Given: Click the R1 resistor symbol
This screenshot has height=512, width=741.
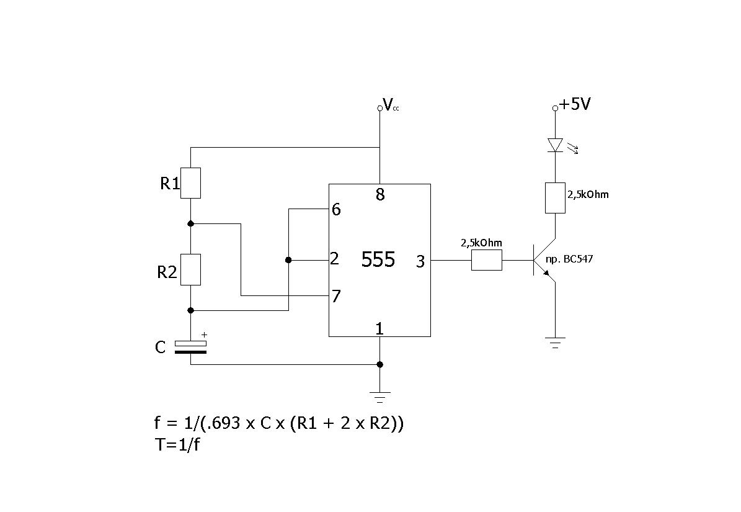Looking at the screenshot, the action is (x=191, y=183).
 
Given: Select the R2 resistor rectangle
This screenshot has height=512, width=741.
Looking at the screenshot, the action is (x=191, y=269).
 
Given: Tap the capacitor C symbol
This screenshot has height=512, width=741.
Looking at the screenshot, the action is (x=191, y=347).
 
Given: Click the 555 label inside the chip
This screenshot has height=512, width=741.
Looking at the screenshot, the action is (x=378, y=259).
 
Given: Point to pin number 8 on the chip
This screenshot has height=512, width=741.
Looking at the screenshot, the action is (x=381, y=194).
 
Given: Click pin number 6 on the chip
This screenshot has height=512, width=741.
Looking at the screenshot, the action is (x=336, y=209).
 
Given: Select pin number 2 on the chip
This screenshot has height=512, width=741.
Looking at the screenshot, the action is (x=335, y=259).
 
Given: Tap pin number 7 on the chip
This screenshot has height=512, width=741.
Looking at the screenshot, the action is (x=336, y=297).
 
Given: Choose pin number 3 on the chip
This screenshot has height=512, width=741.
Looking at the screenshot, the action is (x=420, y=261).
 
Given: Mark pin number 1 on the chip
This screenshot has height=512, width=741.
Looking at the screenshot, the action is (x=379, y=328).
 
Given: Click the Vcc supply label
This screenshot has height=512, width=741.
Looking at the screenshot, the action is (x=391, y=105).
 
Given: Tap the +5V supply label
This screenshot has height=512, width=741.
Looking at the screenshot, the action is (x=575, y=104).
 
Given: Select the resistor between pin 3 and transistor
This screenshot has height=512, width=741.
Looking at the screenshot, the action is (x=487, y=261).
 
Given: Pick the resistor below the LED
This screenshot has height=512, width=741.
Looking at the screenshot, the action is (x=555, y=198).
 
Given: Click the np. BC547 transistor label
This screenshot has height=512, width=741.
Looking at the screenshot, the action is (x=569, y=259).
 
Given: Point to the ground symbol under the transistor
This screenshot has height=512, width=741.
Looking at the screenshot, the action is (x=555, y=343).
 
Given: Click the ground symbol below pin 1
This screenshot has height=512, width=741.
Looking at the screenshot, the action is (x=380, y=397).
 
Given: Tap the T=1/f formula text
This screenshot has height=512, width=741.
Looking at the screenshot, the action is (x=177, y=445).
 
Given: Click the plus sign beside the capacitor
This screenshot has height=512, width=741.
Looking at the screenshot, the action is (x=204, y=335).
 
